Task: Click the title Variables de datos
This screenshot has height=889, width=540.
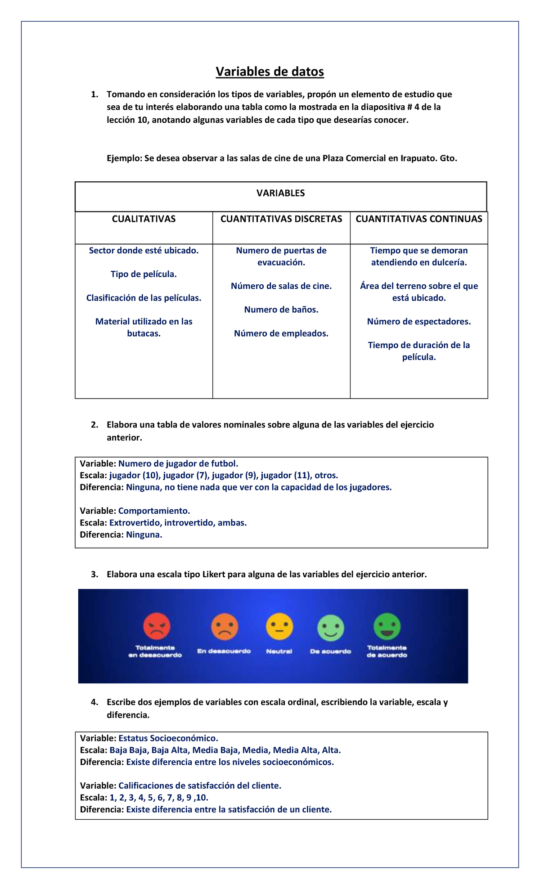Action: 270,72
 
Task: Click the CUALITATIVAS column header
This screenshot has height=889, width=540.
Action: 144,219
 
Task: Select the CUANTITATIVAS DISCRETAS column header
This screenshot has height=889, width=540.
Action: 281,219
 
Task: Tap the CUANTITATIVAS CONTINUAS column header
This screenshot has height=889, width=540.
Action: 418,219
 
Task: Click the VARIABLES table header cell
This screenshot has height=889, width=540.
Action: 281,193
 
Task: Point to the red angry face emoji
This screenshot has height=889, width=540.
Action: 157,626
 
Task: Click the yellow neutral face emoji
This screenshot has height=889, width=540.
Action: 279,627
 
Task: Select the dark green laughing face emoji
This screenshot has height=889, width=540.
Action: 387,626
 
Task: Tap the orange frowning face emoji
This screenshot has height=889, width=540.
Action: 225,627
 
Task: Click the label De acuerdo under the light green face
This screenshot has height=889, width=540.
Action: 330,651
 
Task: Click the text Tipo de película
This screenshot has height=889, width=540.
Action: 144,274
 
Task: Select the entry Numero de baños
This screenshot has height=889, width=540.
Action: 281,310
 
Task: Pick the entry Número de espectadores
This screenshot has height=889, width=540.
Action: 418,322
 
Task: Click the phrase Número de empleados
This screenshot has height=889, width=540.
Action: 281,334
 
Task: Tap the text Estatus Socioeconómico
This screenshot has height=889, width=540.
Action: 168,738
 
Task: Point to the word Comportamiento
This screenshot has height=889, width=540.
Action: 154,511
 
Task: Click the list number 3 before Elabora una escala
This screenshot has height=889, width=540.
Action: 94,575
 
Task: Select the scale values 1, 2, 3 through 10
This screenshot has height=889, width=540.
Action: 159,798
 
